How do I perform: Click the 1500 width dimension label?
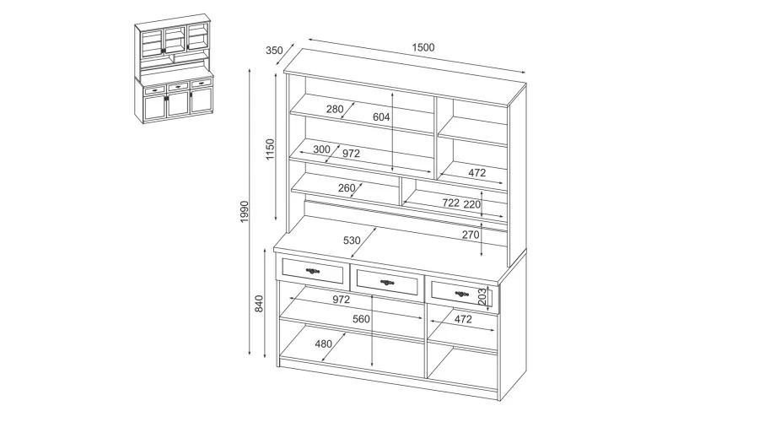point(423,47)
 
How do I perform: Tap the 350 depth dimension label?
point(274,51)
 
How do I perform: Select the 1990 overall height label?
point(245,212)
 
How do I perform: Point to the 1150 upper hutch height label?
point(270,149)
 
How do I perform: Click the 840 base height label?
point(259,303)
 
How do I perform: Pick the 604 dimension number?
point(381,116)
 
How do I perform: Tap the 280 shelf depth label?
point(335,109)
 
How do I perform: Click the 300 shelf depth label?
point(321,149)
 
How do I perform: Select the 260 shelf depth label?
point(347,188)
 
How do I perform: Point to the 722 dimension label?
point(450,203)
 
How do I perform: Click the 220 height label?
point(472,204)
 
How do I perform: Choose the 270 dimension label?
point(471,235)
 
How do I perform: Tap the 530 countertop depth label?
point(352,241)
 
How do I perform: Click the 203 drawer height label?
point(482,296)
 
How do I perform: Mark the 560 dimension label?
point(361,319)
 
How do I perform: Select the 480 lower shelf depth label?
point(323,344)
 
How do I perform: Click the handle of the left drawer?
point(313,271)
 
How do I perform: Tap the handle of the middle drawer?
point(387,282)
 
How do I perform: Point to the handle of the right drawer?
point(462,294)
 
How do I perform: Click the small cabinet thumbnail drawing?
point(174,69)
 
